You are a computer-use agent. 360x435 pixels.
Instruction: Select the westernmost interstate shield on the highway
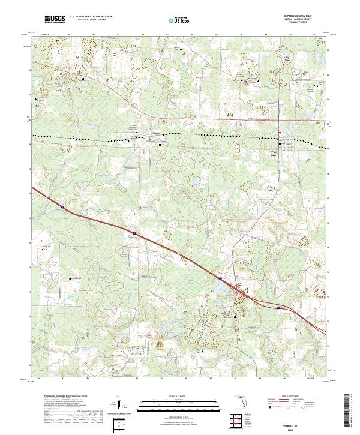tap(62, 209)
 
